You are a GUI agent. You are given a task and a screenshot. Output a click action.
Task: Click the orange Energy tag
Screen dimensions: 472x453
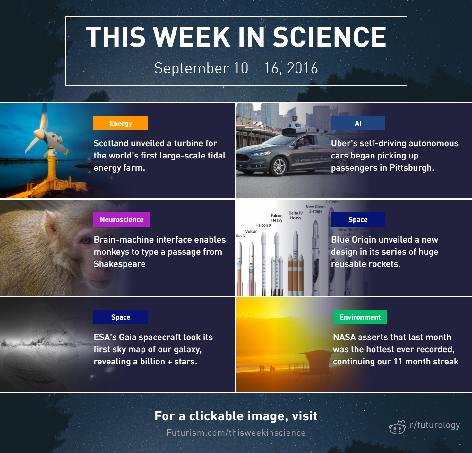121,123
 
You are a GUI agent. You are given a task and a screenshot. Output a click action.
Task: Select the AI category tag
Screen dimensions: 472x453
358,123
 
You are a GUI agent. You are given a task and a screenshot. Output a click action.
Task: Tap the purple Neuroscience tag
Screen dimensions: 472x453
122,219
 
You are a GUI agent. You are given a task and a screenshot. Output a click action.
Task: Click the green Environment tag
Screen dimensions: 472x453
360,317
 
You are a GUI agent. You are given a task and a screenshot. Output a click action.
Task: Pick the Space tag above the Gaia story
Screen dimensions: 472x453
121,317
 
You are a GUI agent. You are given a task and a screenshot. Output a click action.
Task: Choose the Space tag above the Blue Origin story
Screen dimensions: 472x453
358,219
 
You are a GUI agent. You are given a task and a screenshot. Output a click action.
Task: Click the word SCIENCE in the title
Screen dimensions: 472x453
330,37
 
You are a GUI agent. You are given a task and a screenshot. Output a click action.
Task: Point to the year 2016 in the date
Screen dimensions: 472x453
302,68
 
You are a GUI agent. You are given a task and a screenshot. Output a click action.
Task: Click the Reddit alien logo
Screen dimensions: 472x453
397,427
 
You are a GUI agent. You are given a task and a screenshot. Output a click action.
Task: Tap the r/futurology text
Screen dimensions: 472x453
435,425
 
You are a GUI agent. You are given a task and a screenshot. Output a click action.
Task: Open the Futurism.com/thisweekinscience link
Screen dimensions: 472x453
236,433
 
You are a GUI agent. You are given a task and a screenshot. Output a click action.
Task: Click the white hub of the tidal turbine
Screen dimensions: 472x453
39,133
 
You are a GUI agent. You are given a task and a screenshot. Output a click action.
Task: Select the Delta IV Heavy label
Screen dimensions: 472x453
296,215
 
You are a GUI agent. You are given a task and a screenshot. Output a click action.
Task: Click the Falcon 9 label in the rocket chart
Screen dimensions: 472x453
264,225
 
